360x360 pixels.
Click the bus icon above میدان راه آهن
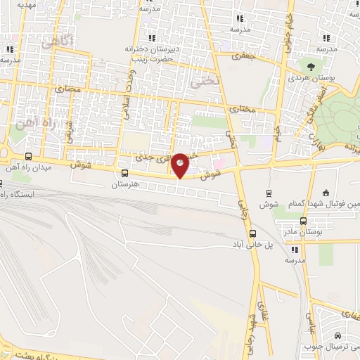(28, 156)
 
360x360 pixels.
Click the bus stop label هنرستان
(127, 184)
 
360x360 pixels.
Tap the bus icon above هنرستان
(124, 173)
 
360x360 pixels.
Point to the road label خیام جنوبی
(288, 28)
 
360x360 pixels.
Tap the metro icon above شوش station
(268, 192)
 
